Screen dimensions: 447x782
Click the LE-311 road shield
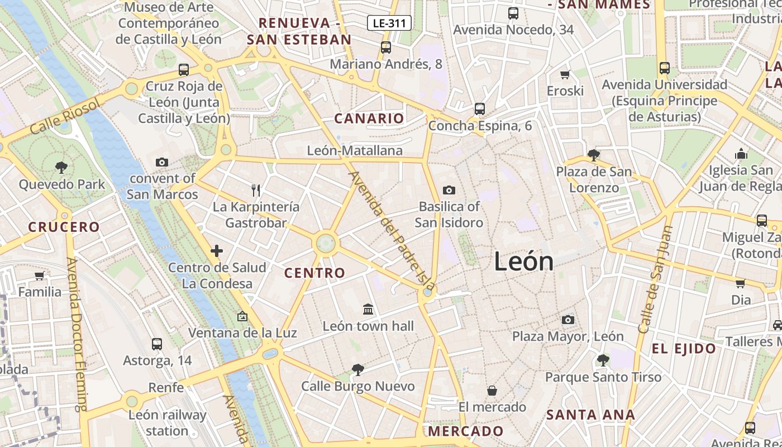coord(389,23)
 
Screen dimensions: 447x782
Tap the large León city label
coord(523,261)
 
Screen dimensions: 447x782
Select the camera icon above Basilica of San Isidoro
coord(449,190)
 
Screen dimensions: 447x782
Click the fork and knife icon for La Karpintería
coord(256,190)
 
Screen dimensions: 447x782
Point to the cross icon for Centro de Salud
coord(217,251)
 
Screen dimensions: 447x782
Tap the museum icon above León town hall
coord(368,309)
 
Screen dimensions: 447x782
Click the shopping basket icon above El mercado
coord(492,390)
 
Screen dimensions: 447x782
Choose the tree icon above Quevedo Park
coord(61,167)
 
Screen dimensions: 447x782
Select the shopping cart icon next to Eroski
coord(565,74)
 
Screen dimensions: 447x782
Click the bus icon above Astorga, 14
coord(157,344)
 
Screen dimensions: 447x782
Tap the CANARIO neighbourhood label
coord(369,118)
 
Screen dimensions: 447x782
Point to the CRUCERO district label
coord(64,227)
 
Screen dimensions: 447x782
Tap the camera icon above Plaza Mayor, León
coord(568,320)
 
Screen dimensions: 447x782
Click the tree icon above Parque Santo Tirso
coord(603,360)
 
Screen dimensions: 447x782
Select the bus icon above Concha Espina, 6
coord(479,108)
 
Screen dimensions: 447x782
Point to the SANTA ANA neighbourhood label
coord(590,415)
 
